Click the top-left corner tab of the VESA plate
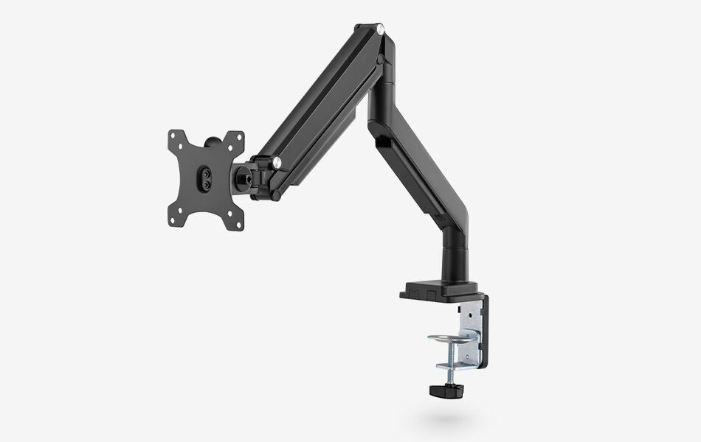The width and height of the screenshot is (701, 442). point(176,138)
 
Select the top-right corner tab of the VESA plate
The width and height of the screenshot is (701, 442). point(237,138)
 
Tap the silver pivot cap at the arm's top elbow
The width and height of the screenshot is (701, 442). point(381,31)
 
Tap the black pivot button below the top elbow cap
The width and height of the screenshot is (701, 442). point(380,57)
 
